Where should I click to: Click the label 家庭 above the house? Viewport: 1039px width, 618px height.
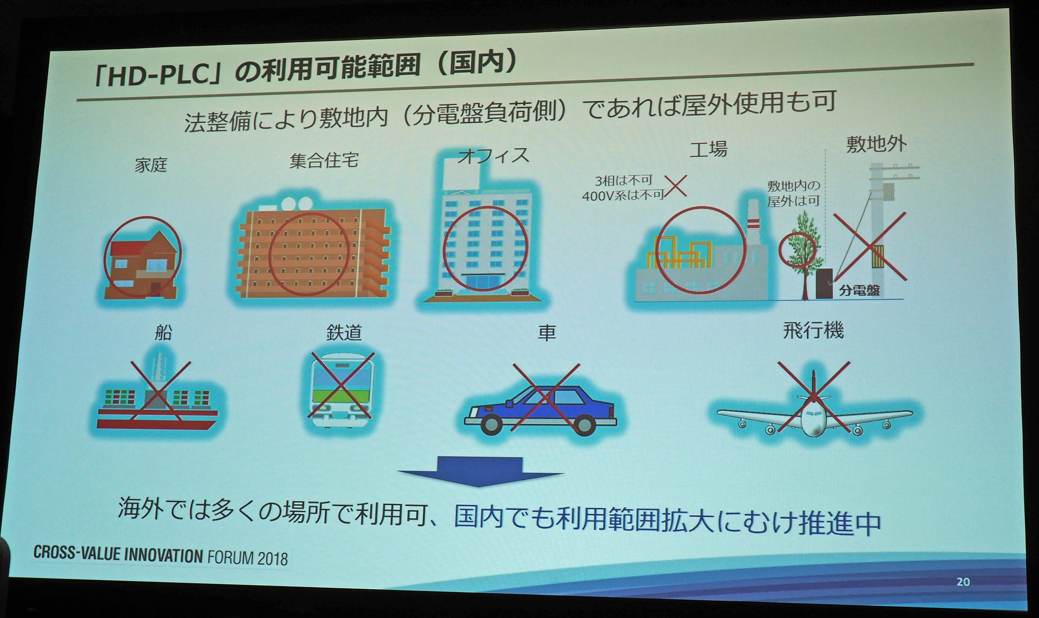pyautogui.click(x=151, y=165)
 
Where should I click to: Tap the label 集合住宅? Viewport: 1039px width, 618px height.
pyautogui.click(x=324, y=161)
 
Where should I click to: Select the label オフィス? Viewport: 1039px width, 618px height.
pyautogui.click(x=494, y=156)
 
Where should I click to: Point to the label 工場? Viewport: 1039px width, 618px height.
pyautogui.click(x=708, y=149)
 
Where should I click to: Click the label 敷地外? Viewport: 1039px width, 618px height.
pyautogui.click(x=877, y=144)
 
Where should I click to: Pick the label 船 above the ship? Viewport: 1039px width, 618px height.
pyautogui.click(x=163, y=332)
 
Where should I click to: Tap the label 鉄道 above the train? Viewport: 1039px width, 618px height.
pyautogui.click(x=344, y=332)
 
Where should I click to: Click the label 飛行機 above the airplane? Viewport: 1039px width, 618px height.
pyautogui.click(x=813, y=330)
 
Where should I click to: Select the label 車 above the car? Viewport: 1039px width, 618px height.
pyautogui.click(x=547, y=332)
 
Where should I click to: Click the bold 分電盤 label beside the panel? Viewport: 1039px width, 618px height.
pyautogui.click(x=859, y=290)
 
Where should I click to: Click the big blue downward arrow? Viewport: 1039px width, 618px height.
pyautogui.click(x=481, y=471)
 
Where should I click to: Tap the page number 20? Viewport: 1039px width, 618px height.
pyautogui.click(x=963, y=582)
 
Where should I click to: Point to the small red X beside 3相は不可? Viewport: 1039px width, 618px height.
pyautogui.click(x=676, y=186)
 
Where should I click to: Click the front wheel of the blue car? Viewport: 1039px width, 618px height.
pyautogui.click(x=491, y=423)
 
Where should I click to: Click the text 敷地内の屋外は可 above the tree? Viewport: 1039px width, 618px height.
pyautogui.click(x=794, y=193)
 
